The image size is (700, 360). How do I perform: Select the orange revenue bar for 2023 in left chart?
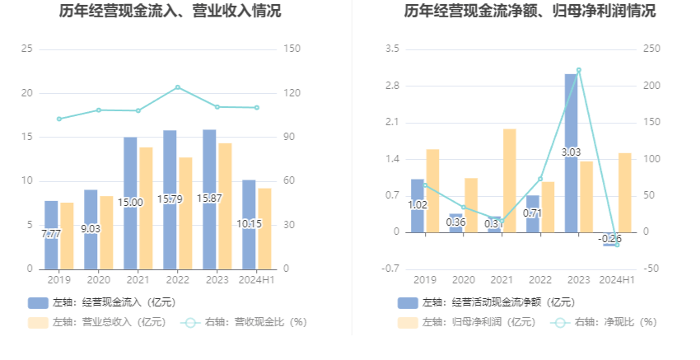225,206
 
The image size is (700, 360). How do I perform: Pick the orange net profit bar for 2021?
510,180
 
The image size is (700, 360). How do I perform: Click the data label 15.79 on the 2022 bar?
170,199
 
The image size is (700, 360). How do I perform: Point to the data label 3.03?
571,152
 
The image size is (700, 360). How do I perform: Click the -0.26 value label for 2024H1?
610,238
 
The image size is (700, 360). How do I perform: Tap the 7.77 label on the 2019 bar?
51,234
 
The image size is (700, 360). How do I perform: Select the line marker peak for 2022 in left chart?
177,87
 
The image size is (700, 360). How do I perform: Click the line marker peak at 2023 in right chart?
578,70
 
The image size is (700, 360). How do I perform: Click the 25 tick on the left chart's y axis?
27,49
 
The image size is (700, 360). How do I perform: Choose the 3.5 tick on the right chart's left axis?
392,49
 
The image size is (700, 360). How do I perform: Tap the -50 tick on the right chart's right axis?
651,269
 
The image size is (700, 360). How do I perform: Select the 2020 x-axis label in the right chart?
463,280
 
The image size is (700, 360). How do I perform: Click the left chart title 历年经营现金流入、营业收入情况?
170,12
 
